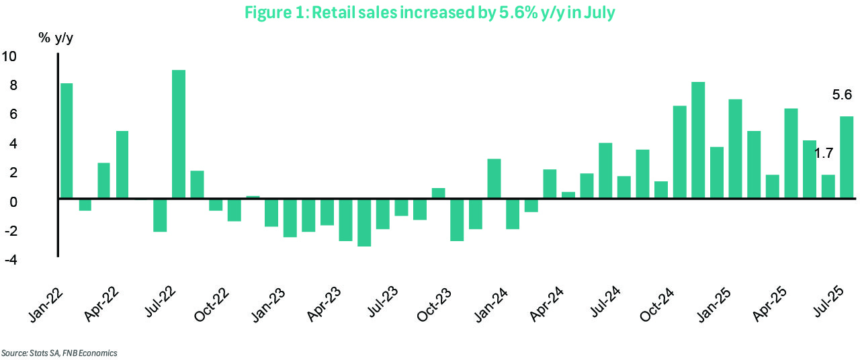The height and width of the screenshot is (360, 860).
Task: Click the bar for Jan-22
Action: pyautogui.click(x=67, y=141)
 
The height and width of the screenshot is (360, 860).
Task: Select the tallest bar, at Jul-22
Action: pyautogui.click(x=179, y=134)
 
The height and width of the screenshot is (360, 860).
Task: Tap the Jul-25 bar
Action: pyautogui.click(x=847, y=158)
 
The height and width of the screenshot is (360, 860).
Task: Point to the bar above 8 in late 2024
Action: pyautogui.click(x=698, y=140)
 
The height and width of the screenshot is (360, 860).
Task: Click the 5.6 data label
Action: pyautogui.click(x=842, y=95)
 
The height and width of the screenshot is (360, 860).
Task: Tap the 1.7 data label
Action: pyautogui.click(x=824, y=153)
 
